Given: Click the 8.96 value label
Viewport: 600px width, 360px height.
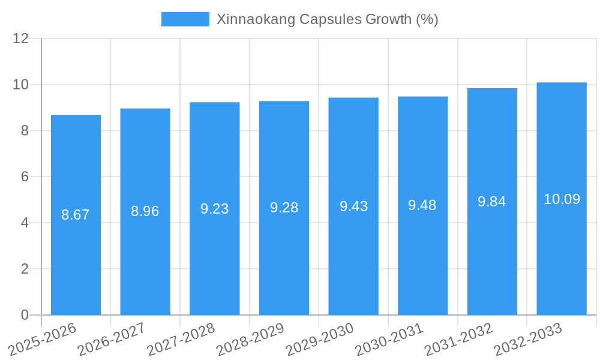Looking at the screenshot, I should coord(145,211).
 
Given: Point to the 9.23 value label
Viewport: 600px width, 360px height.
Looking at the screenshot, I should coord(215,209).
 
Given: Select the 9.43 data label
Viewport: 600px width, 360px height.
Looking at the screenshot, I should coord(353,206).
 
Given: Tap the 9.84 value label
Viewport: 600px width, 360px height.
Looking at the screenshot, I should coord(492,202).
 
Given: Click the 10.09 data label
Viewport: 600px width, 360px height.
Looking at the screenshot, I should coord(562,199).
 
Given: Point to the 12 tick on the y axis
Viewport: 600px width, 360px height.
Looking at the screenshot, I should coord(21,38).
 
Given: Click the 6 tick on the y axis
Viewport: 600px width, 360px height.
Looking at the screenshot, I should coord(25,176).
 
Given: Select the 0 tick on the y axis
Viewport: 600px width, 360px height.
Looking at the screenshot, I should coord(25,315).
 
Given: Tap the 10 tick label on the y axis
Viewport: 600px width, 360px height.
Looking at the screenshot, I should coord(21,85).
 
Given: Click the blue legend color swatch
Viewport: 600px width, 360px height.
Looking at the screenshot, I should coord(185,19).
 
